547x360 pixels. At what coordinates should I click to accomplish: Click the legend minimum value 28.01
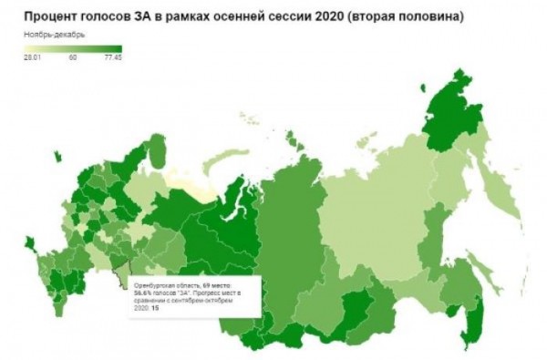coord(34,57)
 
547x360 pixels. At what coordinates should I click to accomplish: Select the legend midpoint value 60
coord(73,57)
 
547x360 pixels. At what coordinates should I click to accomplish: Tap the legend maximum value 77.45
coord(113,57)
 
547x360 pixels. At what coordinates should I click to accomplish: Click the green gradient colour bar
coord(73,48)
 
